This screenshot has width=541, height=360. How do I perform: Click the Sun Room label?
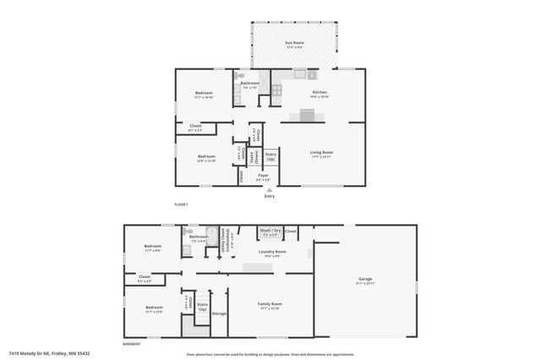click(293, 42)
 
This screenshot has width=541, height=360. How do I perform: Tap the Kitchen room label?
click(320, 92)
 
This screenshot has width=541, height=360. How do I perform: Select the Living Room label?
click(321, 153)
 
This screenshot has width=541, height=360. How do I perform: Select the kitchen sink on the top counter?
click(298, 75)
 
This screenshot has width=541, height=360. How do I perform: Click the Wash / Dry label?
click(270, 231)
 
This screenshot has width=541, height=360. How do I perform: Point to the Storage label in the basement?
click(219, 314)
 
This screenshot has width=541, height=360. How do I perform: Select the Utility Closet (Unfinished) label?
click(226, 237)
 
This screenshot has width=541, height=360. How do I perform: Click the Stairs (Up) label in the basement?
click(202, 307)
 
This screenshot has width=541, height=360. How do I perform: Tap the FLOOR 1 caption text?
click(181, 205)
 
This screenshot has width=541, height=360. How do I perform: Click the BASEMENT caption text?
click(132, 344)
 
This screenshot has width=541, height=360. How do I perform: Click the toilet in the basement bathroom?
click(189, 231)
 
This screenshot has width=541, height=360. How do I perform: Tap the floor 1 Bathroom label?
click(250, 83)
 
